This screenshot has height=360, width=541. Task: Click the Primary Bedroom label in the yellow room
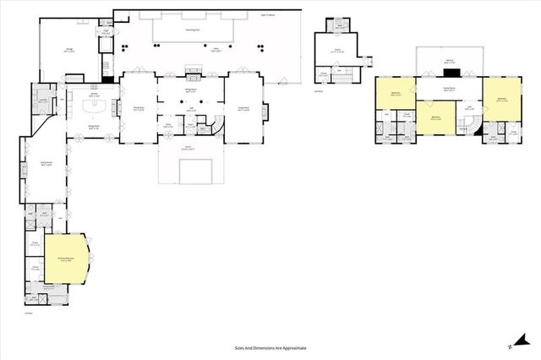[63, 260]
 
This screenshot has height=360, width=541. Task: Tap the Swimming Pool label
[194, 30]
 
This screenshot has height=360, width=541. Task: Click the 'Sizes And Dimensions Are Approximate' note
[270, 347]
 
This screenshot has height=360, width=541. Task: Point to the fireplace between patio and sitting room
[193, 73]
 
